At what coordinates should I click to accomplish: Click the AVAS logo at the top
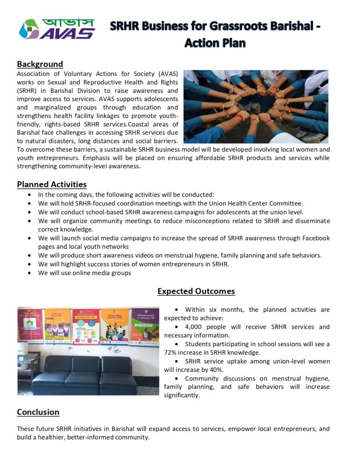(x=56, y=29)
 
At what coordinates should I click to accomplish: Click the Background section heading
(x=40, y=64)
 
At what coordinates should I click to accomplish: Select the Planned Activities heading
(x=51, y=184)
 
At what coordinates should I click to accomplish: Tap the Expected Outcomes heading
(x=196, y=291)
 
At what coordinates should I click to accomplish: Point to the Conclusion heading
(x=38, y=412)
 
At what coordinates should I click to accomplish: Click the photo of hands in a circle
(x=255, y=106)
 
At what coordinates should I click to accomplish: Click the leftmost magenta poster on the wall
(x=30, y=325)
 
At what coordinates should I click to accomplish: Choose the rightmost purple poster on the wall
(x=145, y=327)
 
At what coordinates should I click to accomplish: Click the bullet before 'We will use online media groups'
(x=30, y=273)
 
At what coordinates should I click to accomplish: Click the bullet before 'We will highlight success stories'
(x=30, y=264)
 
